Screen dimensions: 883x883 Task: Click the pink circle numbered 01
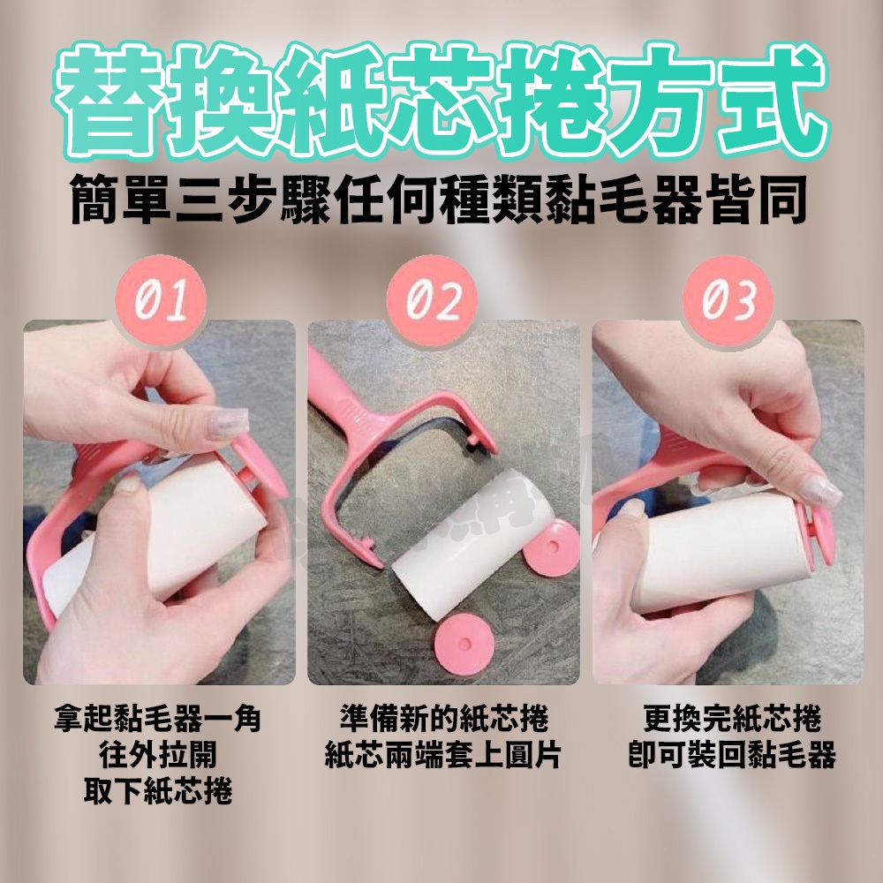(x=161, y=301)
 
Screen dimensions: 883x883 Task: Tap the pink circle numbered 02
(x=432, y=301)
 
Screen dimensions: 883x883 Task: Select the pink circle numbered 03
(x=728, y=301)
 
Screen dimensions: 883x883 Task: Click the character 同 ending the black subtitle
(x=781, y=200)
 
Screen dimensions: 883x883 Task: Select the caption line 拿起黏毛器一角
(x=158, y=719)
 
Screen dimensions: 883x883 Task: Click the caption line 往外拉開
(x=158, y=755)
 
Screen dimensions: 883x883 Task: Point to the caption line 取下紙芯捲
(x=158, y=791)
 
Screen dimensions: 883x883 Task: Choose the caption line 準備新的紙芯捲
(x=444, y=719)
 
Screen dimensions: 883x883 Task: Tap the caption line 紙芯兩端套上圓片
(x=443, y=755)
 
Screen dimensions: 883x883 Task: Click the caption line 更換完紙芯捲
(x=732, y=719)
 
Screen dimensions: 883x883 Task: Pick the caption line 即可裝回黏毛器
(x=732, y=755)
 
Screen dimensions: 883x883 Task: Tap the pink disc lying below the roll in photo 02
(x=464, y=644)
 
